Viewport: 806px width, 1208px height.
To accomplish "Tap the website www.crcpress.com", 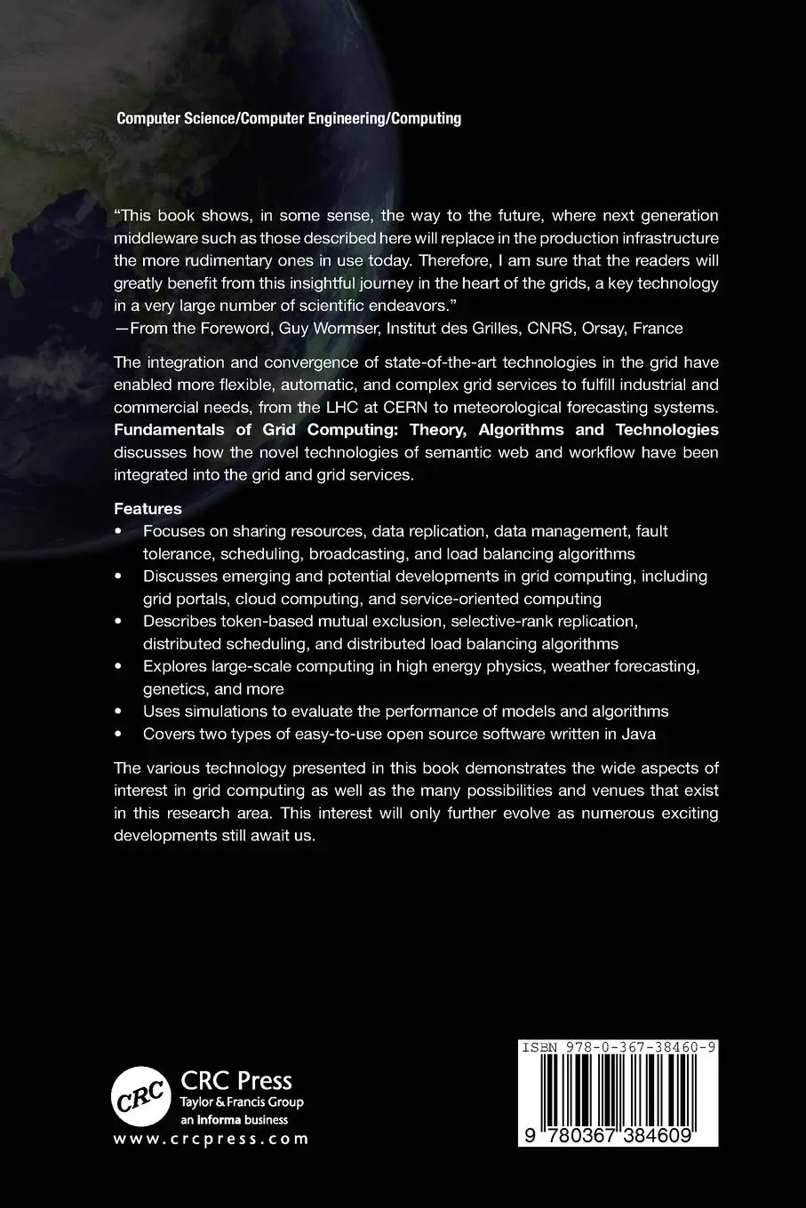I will (x=211, y=1139).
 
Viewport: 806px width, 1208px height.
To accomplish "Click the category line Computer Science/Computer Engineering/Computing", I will (x=289, y=118).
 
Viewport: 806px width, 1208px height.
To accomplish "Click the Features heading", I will (x=148, y=509).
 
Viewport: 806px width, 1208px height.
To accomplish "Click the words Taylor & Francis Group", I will (x=242, y=1102).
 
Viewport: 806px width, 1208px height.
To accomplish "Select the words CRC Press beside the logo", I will (x=236, y=1080).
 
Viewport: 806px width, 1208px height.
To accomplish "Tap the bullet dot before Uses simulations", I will (x=120, y=711).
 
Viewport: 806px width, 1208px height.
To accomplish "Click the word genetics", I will (x=172, y=688).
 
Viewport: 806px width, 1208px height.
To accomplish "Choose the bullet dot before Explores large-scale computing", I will (x=120, y=666).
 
